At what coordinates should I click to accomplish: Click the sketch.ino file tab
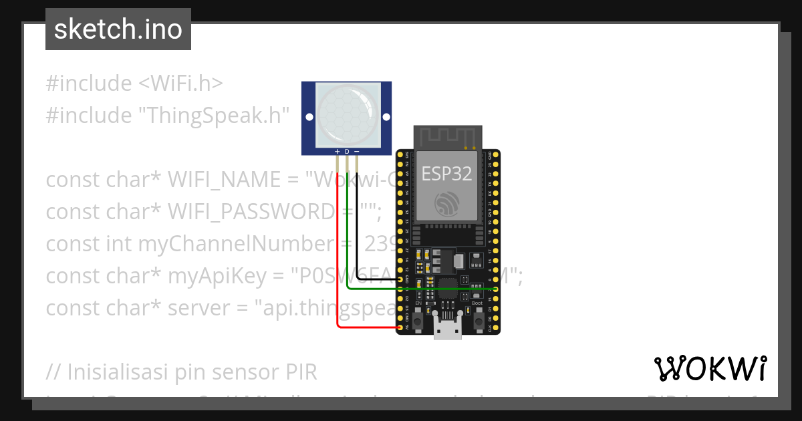[x=118, y=29]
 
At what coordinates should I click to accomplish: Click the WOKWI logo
[x=710, y=369]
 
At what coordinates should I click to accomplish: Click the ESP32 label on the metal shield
[x=446, y=174]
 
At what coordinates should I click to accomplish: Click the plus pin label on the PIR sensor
[x=338, y=152]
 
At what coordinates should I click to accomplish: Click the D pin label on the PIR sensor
[x=347, y=152]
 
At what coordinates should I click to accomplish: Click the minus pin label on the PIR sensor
[x=356, y=152]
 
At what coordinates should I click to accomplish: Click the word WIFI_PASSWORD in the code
[x=251, y=211]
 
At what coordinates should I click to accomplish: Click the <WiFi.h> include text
[x=180, y=84]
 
